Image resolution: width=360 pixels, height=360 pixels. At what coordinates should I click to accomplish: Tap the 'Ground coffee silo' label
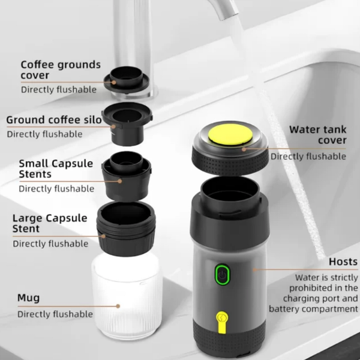(53, 119)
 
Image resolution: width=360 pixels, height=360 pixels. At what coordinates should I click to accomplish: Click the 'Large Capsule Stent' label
(50, 223)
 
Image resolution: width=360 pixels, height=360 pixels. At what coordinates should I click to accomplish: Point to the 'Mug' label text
(29, 297)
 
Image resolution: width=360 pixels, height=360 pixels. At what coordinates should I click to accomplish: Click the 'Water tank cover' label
(317, 134)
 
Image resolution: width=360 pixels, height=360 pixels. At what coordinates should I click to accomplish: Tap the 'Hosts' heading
(343, 262)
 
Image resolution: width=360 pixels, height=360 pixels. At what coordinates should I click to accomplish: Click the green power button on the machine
(222, 275)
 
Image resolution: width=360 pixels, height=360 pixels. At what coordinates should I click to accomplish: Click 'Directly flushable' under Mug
(55, 314)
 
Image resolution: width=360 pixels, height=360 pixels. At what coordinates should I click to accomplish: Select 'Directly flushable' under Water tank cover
(308, 156)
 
